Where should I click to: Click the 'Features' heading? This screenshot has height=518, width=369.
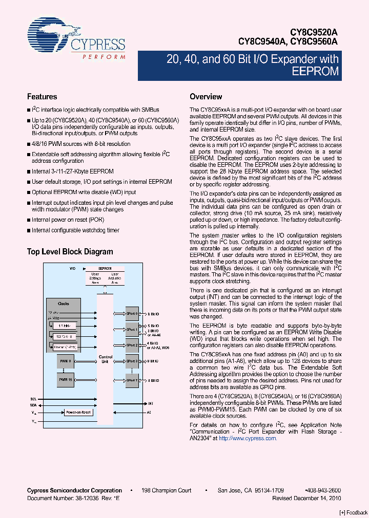[x=42, y=97]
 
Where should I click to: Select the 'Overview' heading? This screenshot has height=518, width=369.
[x=206, y=97]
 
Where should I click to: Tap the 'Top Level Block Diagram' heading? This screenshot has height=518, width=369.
[x=70, y=252]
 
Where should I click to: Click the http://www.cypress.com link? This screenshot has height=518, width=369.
[x=248, y=438]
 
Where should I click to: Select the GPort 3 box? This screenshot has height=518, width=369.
[x=132, y=361]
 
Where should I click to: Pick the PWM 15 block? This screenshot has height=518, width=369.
[x=65, y=379]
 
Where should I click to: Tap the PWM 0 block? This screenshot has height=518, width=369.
[x=65, y=361]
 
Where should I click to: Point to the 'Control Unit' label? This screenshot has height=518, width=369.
[x=106, y=359]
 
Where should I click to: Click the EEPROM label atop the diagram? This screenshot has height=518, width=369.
[x=105, y=268]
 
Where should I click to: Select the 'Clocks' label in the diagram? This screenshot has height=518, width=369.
[x=64, y=304]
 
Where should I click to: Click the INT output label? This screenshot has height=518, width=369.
[x=150, y=403]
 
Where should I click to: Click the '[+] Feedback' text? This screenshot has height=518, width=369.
[x=354, y=512]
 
